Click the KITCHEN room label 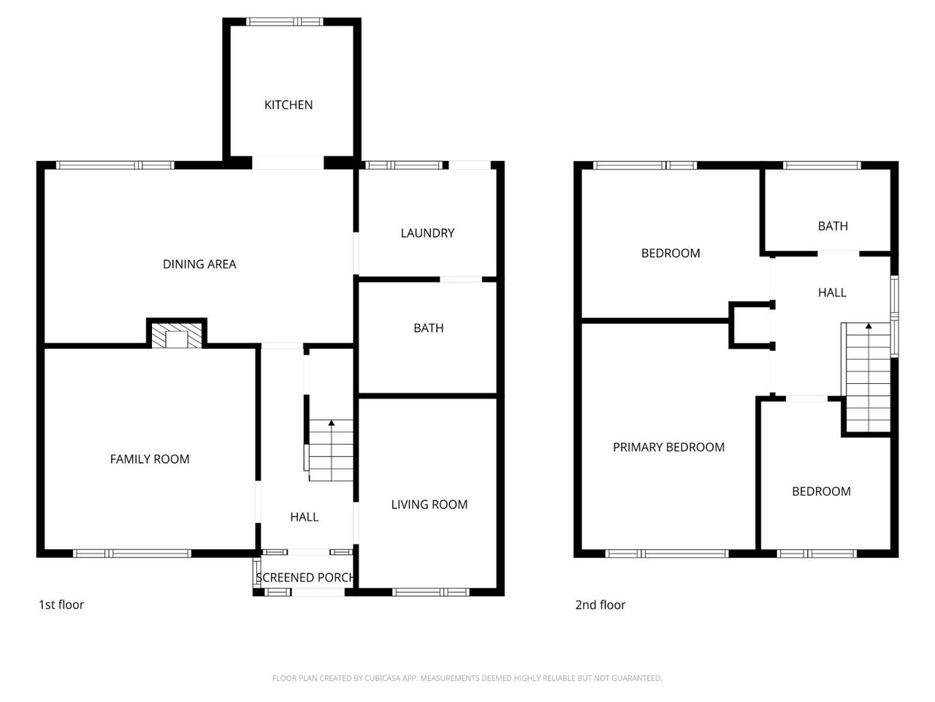(x=289, y=105)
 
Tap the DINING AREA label (x=199, y=264)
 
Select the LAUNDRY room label (x=427, y=233)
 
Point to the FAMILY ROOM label (x=150, y=459)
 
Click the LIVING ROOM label (x=429, y=505)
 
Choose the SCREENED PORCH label (x=305, y=578)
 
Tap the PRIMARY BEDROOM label (x=668, y=447)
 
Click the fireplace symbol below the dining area (x=177, y=336)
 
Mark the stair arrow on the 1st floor (x=332, y=450)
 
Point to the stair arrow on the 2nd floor (x=869, y=377)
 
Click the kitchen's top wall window (x=285, y=22)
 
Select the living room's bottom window (x=431, y=592)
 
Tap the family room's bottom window (x=132, y=554)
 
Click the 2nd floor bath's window (x=822, y=165)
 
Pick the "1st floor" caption (x=61, y=605)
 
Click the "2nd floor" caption (x=600, y=605)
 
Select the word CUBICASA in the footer (x=381, y=678)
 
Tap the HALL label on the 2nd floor (x=832, y=292)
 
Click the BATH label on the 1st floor (x=429, y=328)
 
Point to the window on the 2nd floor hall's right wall (x=895, y=316)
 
